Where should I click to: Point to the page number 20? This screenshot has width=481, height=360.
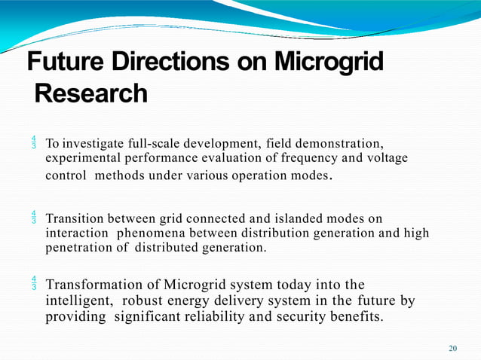pyautogui.click(x=452, y=348)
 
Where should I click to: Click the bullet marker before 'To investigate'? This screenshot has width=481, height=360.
pyautogui.click(x=34, y=143)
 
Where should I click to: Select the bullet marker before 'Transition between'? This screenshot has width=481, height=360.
pyautogui.click(x=34, y=219)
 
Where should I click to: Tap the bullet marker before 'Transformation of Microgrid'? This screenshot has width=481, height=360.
pyautogui.click(x=34, y=285)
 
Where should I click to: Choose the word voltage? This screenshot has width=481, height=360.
pyautogui.click(x=386, y=158)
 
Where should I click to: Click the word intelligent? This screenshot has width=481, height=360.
pyautogui.click(x=78, y=301)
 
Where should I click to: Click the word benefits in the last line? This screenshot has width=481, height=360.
pyautogui.click(x=356, y=317)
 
